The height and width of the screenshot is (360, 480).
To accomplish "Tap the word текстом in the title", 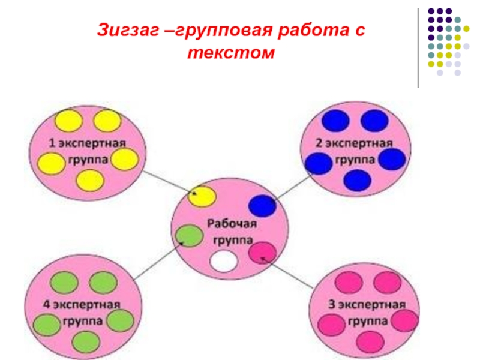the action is click(x=230, y=53).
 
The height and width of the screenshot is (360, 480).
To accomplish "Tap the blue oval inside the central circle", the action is click(x=262, y=206).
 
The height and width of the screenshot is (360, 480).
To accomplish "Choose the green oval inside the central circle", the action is click(x=190, y=235).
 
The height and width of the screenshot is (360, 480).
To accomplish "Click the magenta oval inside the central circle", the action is click(x=262, y=252).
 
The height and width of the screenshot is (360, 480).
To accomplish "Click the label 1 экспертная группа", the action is click(x=87, y=151).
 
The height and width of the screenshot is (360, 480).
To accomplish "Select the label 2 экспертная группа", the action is click(x=354, y=151).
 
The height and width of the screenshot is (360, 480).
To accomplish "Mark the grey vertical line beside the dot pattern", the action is click(x=418, y=48).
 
